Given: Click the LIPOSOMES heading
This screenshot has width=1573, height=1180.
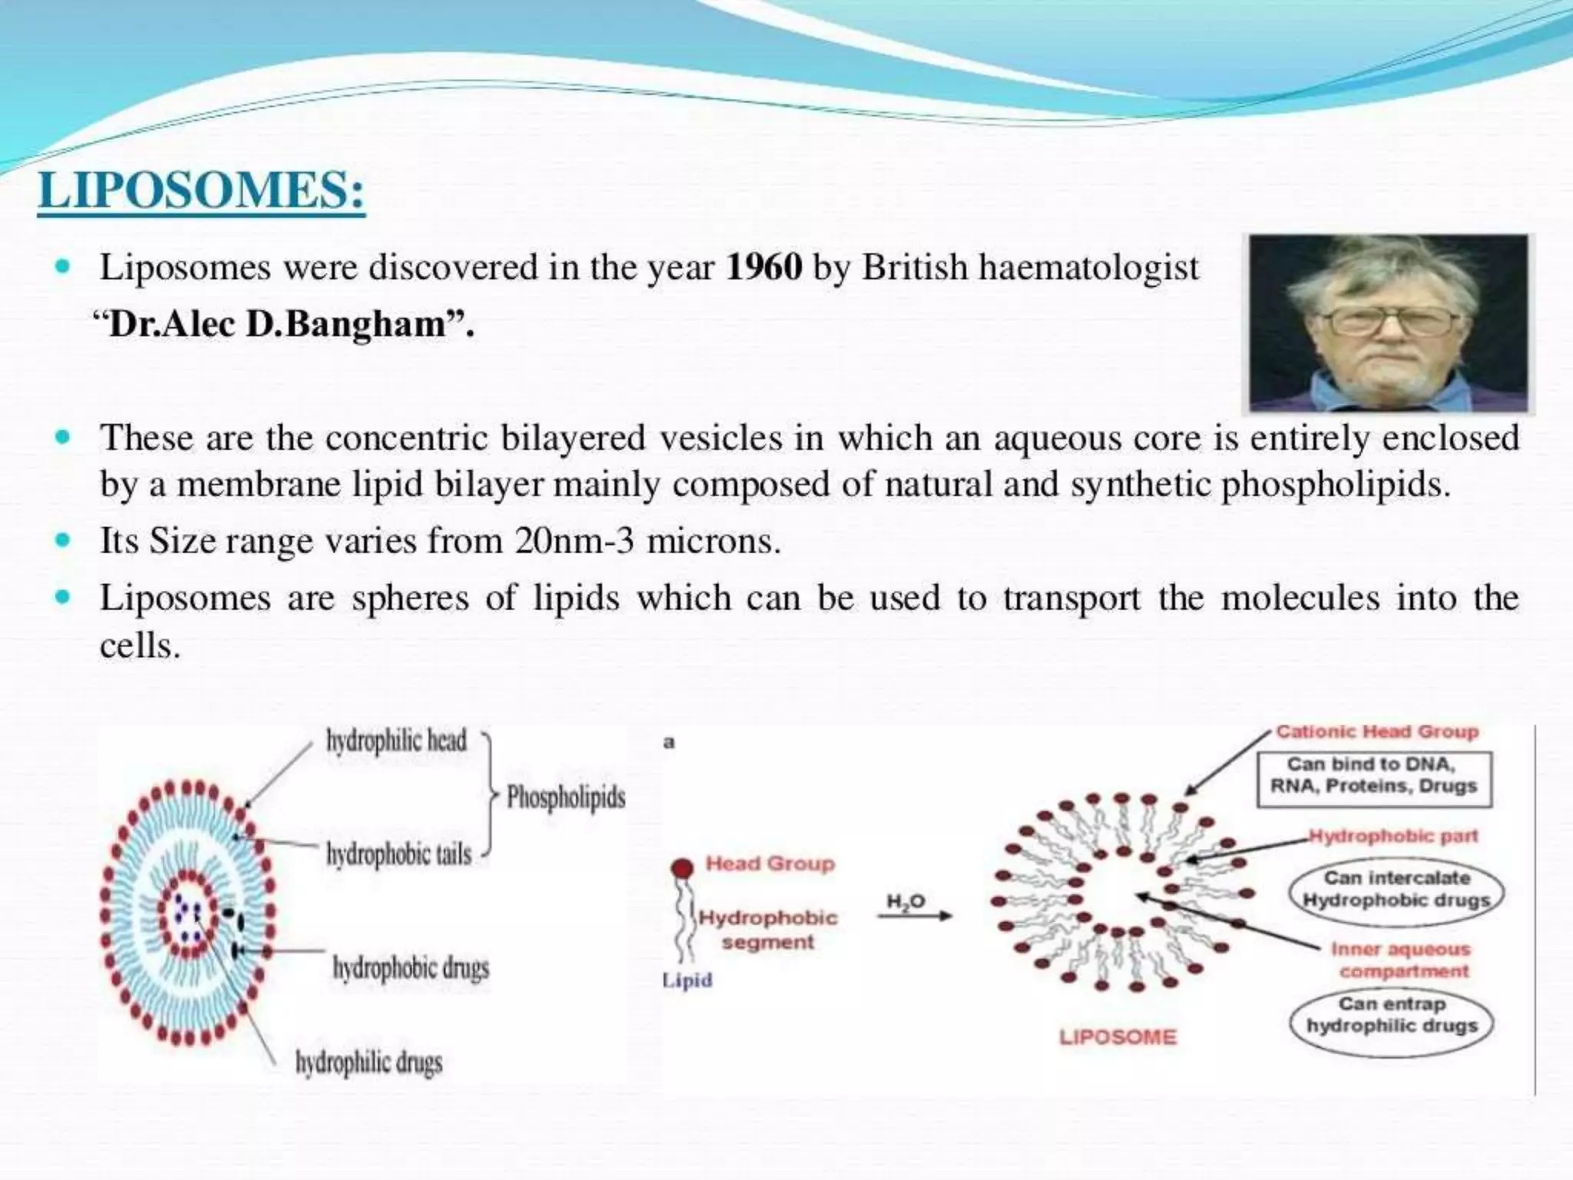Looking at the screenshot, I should click(201, 190).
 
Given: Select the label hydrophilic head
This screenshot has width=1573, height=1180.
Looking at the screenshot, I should click(396, 741).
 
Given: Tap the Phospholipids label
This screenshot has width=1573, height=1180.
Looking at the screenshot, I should click(566, 797).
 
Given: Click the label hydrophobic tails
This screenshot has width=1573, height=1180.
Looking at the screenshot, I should click(399, 854).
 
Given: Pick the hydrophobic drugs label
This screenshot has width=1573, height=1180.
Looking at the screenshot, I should click(411, 968).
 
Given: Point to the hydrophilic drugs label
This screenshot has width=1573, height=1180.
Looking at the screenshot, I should click(369, 1062).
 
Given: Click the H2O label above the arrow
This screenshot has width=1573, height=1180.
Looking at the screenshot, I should click(906, 901).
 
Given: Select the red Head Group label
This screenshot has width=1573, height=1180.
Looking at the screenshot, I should click(770, 863).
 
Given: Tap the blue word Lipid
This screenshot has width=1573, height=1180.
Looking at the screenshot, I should click(687, 980).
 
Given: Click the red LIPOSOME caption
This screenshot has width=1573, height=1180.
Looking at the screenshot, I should click(1118, 1037).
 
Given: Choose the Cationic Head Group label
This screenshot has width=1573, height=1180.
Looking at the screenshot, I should click(1376, 731).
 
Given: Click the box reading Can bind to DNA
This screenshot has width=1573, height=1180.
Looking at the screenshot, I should click(1374, 775).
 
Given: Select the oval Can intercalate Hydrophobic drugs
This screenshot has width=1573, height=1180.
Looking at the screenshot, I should click(1396, 889).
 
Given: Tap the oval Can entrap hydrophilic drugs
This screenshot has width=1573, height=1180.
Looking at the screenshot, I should click(1392, 1015).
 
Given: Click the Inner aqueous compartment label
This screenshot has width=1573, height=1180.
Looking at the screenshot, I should click(1400, 960).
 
